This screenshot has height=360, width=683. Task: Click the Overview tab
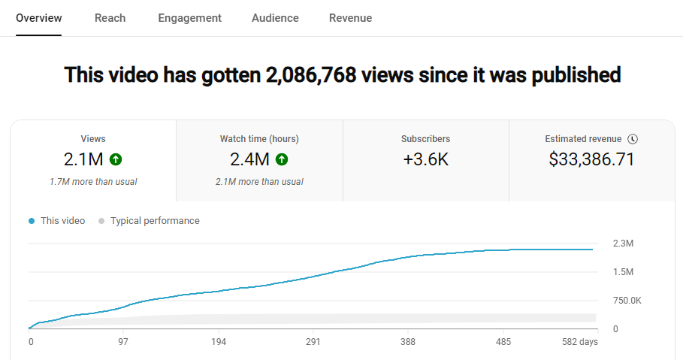coord(39,18)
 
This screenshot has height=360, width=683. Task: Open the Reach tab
coord(110,18)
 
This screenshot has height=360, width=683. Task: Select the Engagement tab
coord(189,18)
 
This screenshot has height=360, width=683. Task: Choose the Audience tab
coord(275,18)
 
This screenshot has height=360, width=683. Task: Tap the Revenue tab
coord(350,18)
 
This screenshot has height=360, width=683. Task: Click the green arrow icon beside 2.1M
coord(115,159)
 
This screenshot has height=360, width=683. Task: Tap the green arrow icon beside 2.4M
coord(282,159)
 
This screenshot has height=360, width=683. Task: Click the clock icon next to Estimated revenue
coord(633,139)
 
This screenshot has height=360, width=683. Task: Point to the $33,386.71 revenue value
coord(592,159)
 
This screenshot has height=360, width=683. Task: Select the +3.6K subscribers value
coord(425,159)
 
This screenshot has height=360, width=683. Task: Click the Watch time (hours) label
coord(259,139)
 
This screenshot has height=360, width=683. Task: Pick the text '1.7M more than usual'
coord(93,181)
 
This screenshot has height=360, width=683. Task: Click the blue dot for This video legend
coord(32,221)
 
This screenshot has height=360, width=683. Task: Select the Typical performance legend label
coord(155,221)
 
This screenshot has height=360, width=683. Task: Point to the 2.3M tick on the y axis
coord(623,244)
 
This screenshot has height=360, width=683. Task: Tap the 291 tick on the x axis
coord(313,342)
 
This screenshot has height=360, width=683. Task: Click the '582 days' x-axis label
coord(579,342)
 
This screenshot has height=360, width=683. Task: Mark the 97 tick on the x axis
coord(123,342)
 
